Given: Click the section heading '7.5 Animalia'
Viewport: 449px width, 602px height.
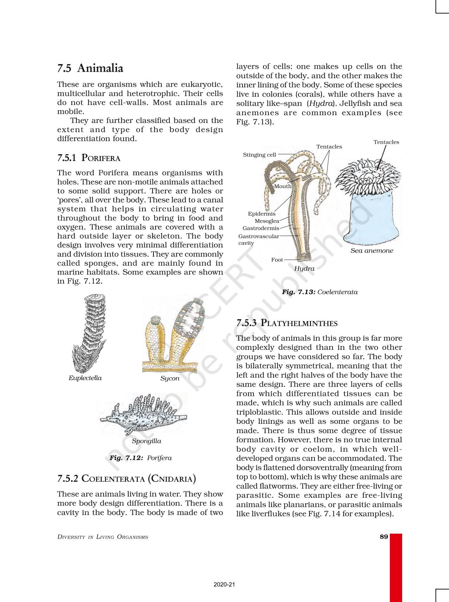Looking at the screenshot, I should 90,68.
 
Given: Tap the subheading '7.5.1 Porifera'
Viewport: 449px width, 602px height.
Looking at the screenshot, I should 89,158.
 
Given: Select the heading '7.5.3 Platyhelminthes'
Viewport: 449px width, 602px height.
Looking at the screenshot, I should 287,323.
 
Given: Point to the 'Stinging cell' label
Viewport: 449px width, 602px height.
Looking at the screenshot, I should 260,155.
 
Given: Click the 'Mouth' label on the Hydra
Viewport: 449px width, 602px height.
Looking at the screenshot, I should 282,186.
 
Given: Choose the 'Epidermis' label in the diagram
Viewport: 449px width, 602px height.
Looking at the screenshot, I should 262,213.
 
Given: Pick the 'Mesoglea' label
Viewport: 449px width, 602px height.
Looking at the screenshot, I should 267,221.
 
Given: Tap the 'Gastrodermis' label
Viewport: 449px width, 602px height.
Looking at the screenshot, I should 261,228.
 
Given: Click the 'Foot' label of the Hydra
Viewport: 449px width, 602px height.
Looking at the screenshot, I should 277,260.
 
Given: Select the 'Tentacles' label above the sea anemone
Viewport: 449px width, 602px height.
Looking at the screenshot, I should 386,142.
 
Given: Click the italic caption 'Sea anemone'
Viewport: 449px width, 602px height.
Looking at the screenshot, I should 372,250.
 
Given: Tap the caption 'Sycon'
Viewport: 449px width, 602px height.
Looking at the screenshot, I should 170,378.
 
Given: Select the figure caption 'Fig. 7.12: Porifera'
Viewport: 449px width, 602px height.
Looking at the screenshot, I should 141,458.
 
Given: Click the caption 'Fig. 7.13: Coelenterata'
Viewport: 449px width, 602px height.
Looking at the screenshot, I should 319,292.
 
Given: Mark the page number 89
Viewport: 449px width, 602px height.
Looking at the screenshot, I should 383,536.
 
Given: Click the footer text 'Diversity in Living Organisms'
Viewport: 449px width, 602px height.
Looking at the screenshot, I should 102,537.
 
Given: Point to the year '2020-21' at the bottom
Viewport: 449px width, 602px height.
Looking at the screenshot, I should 224,584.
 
